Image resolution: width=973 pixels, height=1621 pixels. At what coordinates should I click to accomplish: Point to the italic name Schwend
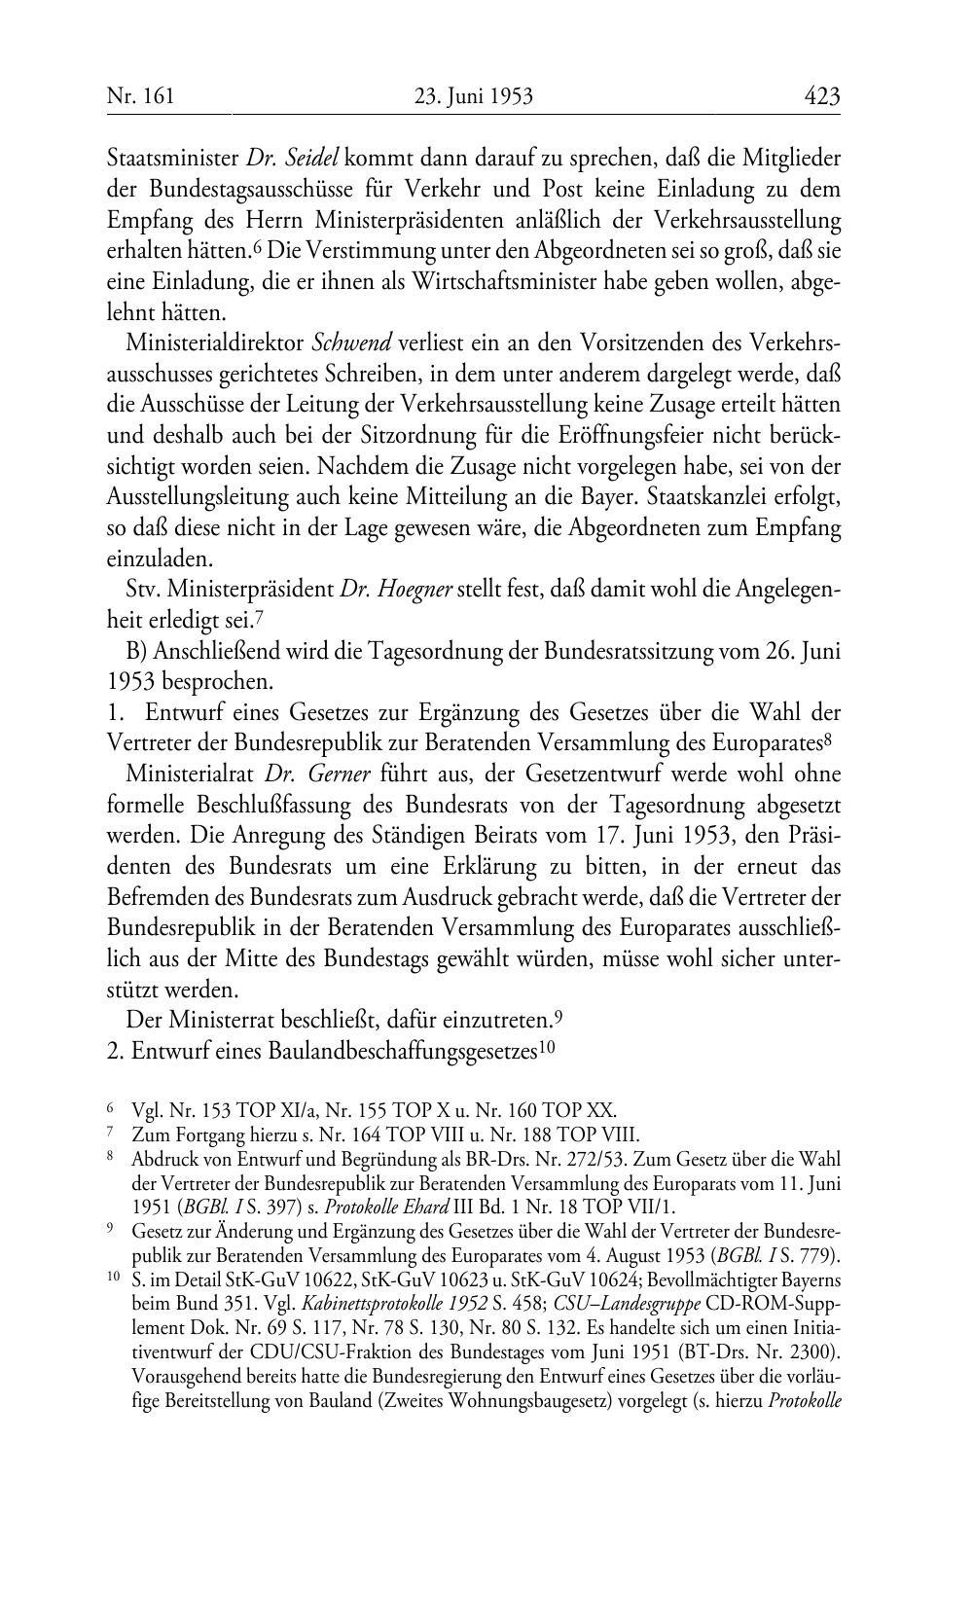point(351,342)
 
